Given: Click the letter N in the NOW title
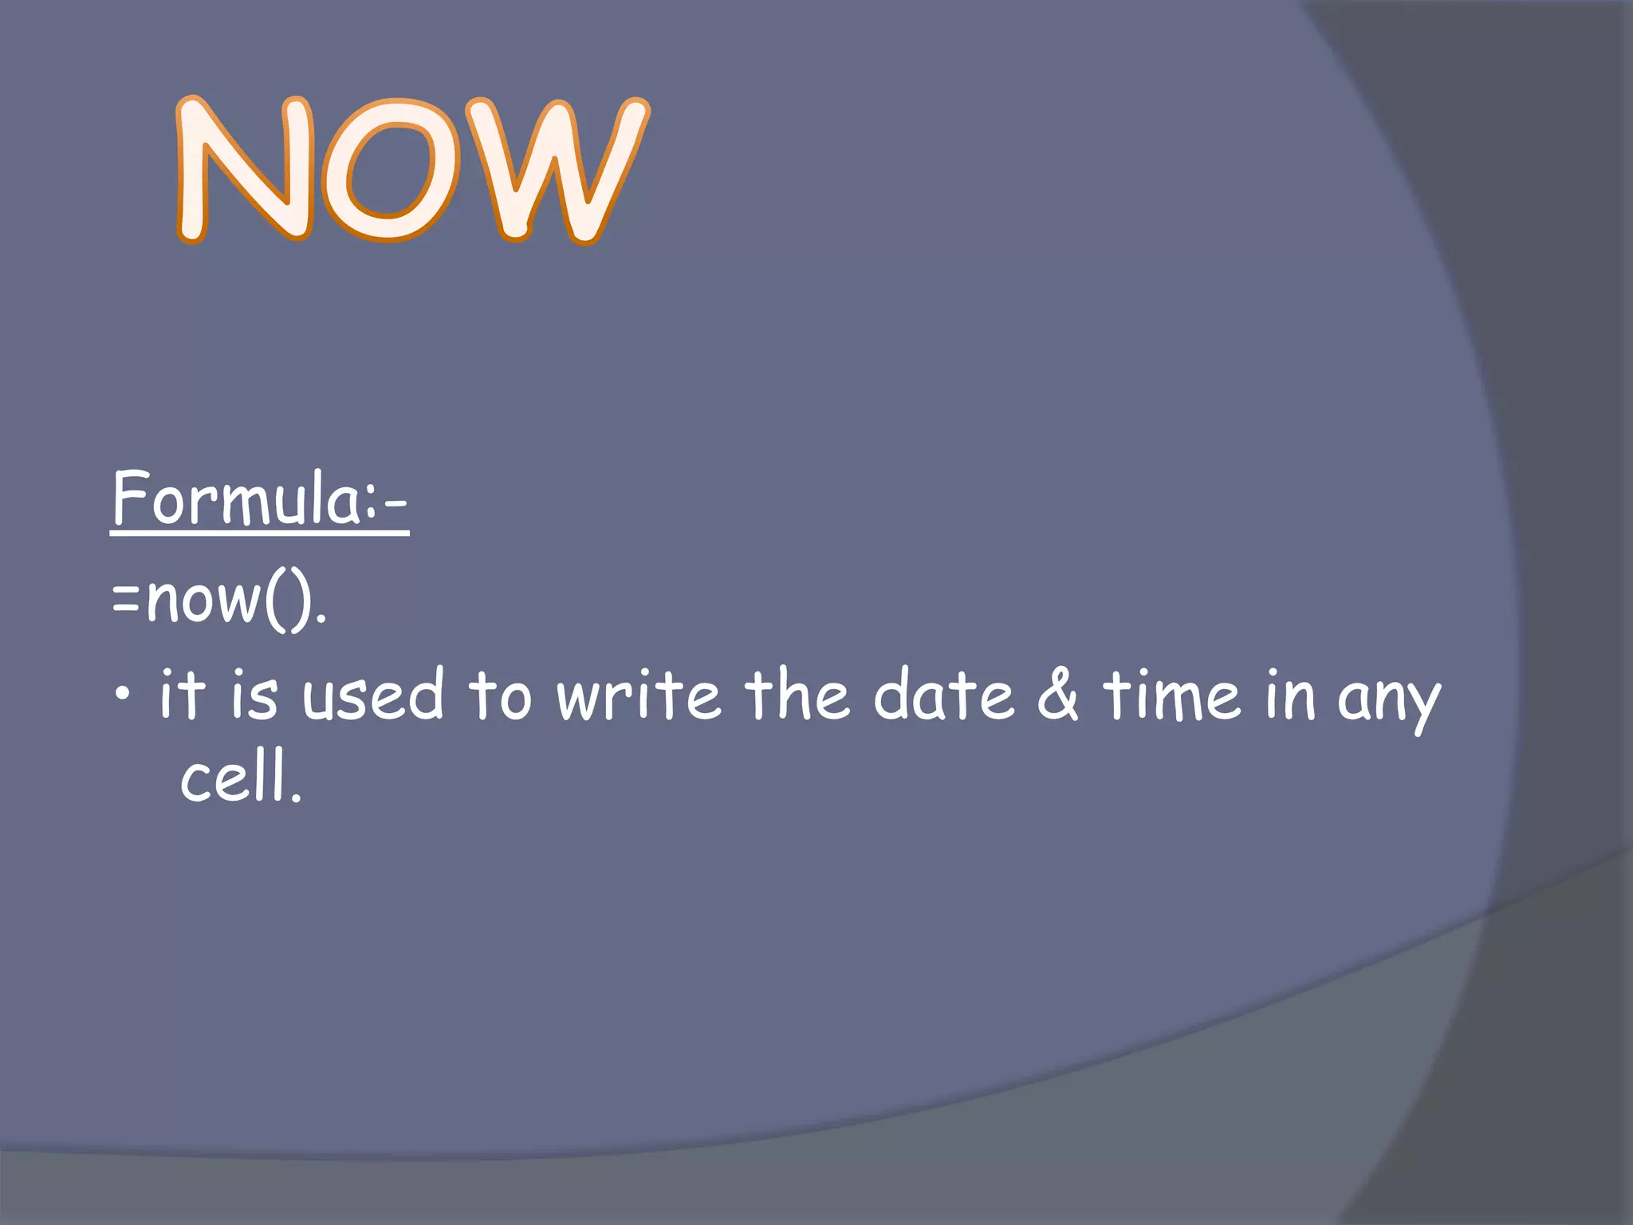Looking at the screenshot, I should (243, 169).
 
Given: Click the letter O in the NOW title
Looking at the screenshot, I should (391, 171).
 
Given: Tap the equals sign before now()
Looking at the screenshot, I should (126, 600).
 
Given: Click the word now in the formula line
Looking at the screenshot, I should (203, 600).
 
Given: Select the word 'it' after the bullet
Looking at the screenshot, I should (182, 694).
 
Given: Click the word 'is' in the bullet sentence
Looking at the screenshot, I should (254, 694).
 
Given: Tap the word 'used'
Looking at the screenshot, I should (372, 694).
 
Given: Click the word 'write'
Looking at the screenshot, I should (639, 694).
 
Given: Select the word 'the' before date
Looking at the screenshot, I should (797, 694).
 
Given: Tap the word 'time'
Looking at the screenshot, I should (1171, 694).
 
